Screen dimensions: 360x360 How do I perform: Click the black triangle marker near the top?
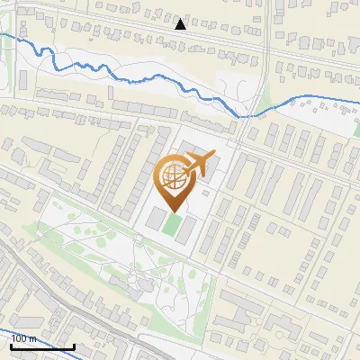point(181,23)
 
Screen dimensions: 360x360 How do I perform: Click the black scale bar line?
point(42,346)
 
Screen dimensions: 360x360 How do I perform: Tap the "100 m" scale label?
point(24,338)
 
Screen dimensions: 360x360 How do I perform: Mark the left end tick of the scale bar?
point(11,345)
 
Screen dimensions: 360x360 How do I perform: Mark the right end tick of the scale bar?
point(74,345)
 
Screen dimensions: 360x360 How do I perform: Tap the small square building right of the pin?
point(206,192)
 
